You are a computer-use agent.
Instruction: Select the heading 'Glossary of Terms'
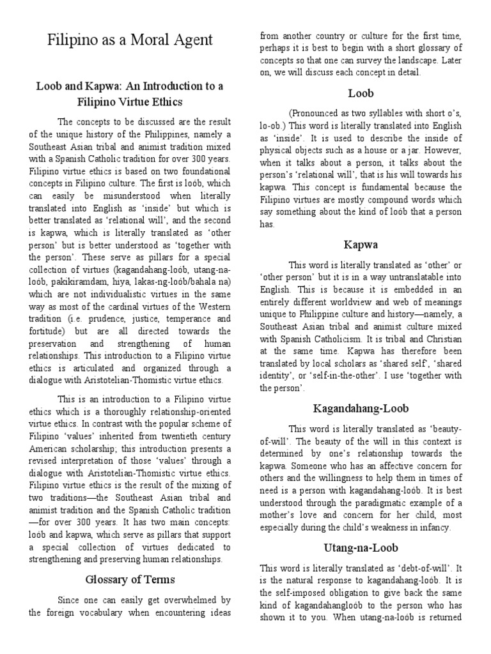pyautogui.click(x=130, y=580)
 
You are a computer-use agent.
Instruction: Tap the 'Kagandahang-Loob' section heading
pyautogui.click(x=360, y=408)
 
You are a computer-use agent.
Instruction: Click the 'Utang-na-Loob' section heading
pyautogui.click(x=360, y=549)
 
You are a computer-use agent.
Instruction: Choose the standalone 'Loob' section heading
pyautogui.click(x=361, y=93)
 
